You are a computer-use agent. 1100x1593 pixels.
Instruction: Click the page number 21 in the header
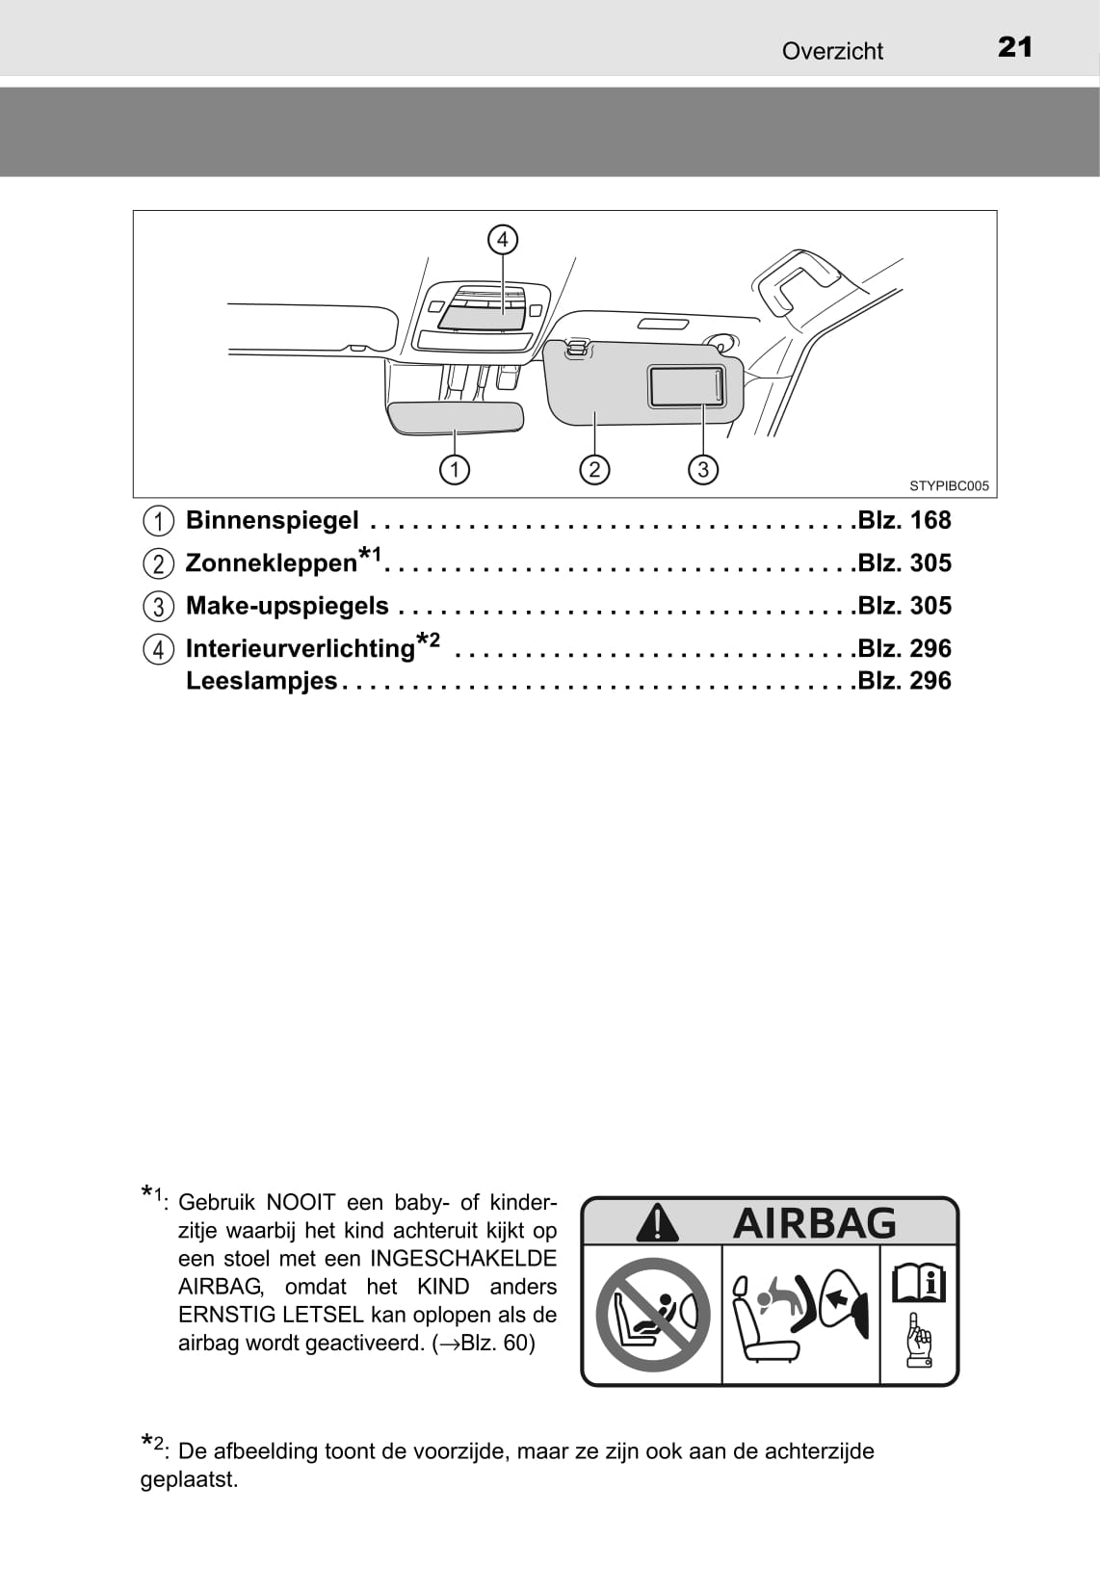(x=1014, y=47)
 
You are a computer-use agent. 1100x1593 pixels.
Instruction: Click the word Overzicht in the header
(x=832, y=51)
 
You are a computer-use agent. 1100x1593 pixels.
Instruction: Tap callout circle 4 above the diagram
(x=503, y=240)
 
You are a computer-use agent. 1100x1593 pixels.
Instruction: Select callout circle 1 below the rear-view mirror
(x=455, y=469)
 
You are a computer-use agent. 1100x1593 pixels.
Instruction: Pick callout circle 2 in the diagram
(x=594, y=469)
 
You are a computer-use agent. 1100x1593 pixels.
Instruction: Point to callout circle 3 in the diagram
(x=703, y=469)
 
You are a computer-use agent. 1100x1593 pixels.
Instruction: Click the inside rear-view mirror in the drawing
(x=456, y=417)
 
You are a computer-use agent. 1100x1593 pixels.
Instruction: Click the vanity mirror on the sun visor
(x=686, y=387)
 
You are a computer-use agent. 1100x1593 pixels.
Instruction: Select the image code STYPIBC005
(x=950, y=486)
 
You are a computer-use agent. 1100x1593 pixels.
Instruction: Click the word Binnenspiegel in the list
(x=273, y=521)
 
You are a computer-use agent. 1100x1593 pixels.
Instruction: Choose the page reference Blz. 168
(x=904, y=521)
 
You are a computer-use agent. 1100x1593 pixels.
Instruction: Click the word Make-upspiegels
(x=287, y=606)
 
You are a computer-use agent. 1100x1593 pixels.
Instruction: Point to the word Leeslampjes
(x=262, y=681)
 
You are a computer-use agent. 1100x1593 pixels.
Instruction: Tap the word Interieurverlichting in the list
(x=301, y=648)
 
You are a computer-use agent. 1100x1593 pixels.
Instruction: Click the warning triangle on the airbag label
(x=657, y=1222)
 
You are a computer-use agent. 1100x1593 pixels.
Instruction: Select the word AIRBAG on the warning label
(x=814, y=1223)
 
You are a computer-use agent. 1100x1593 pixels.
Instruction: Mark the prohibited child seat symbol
(x=653, y=1315)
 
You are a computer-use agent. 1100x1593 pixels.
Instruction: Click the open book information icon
(x=919, y=1284)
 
